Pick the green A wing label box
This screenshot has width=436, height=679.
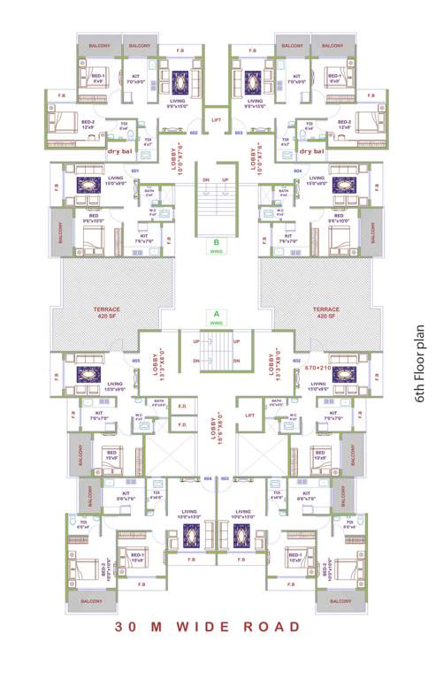point(214,315)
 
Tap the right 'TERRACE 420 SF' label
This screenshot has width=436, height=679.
point(325,313)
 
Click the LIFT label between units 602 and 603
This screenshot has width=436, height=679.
point(216,118)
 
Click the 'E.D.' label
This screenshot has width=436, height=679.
point(182,407)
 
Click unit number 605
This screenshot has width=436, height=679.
point(136,361)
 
